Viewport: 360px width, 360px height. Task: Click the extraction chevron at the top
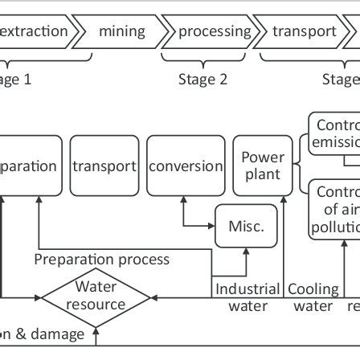(36, 31)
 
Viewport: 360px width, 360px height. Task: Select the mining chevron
(122, 31)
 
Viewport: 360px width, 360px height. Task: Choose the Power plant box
(262, 165)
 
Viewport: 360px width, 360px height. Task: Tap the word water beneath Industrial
(248, 306)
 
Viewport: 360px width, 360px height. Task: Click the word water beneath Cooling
(314, 306)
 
